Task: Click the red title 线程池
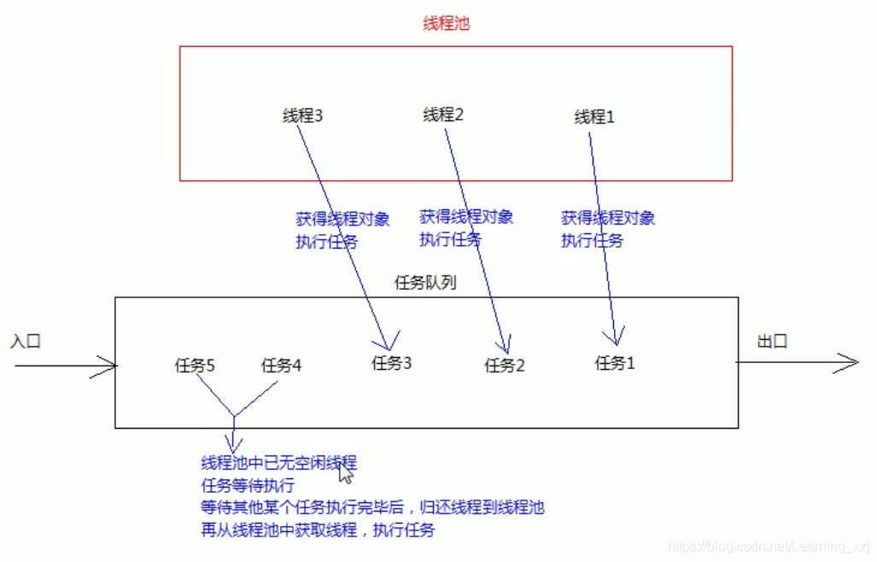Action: click(446, 24)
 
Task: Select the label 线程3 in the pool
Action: click(302, 115)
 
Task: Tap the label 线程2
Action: click(442, 114)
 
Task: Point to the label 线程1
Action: click(594, 117)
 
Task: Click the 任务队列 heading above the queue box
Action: click(424, 283)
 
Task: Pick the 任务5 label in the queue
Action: click(195, 366)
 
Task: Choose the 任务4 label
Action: click(281, 366)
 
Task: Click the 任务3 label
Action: click(392, 363)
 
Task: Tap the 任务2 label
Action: click(505, 366)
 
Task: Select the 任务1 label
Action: click(615, 363)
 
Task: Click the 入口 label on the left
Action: click(26, 342)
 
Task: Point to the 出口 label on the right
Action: click(772, 342)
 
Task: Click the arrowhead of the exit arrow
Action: click(851, 363)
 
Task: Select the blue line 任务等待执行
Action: click(248, 486)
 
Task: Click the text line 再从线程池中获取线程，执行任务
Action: click(318, 530)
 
